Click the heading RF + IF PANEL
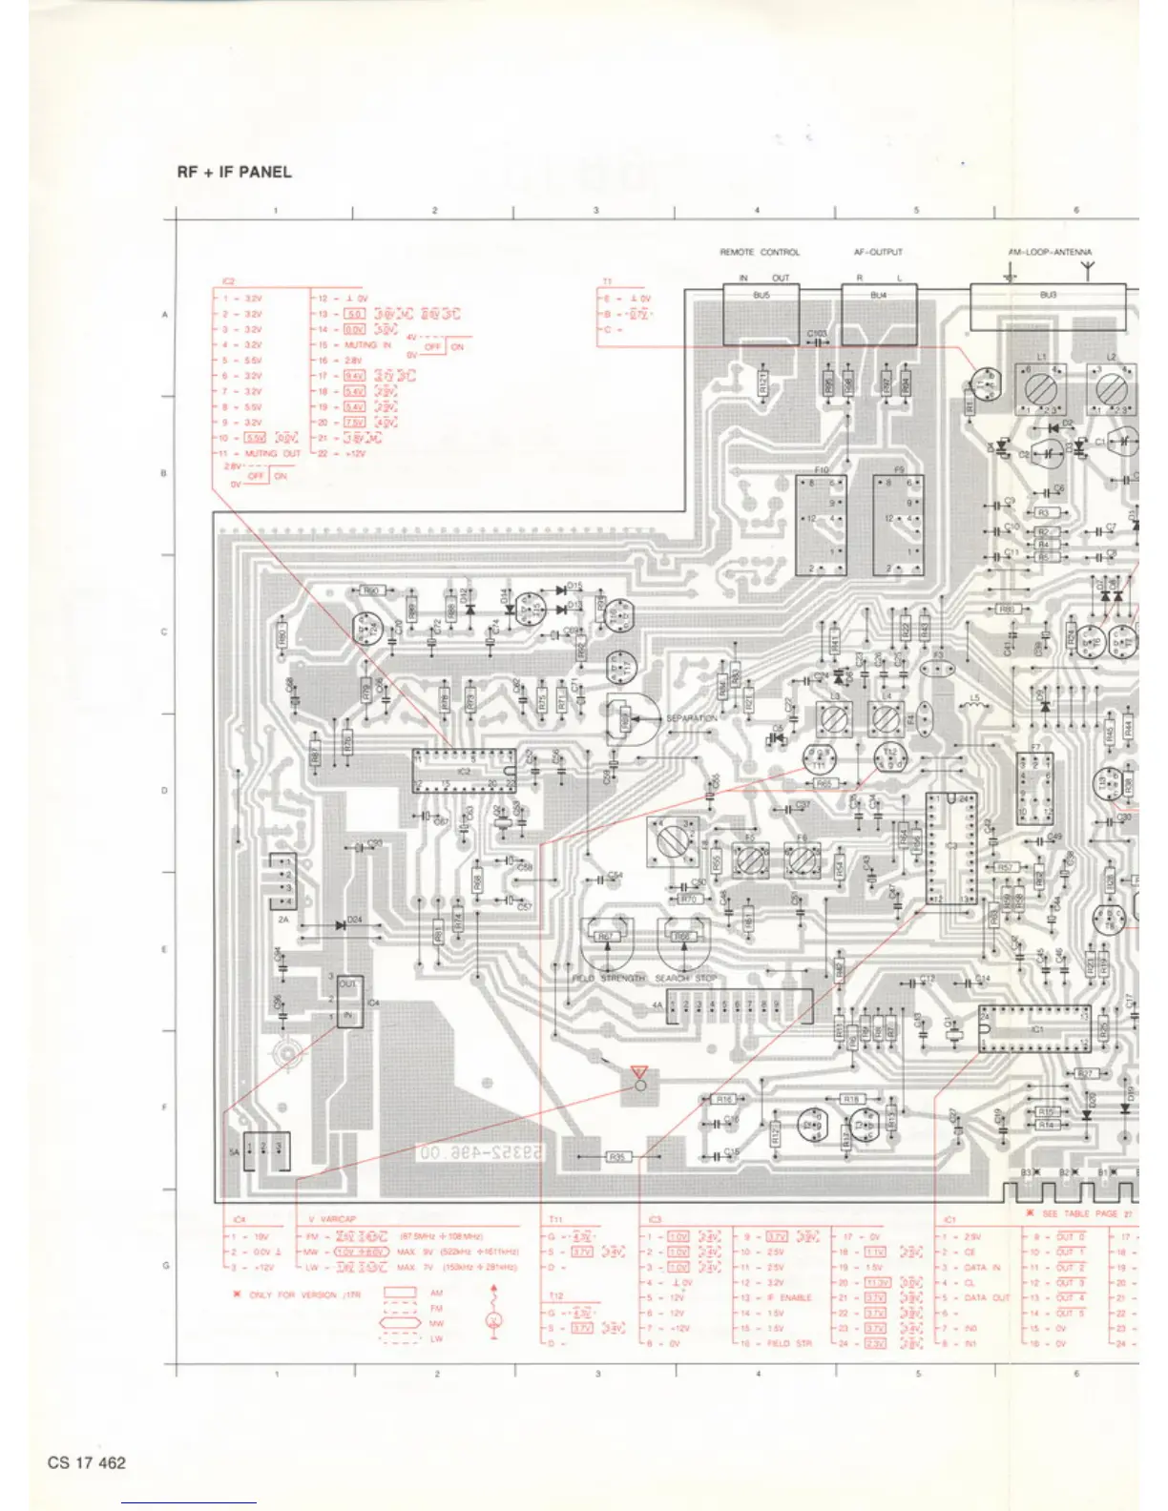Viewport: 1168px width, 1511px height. tap(234, 173)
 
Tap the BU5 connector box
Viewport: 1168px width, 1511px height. tap(761, 316)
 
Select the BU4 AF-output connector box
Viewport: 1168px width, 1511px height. tap(879, 314)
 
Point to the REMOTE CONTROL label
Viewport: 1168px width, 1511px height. tap(760, 253)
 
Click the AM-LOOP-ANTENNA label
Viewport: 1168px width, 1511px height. tap(1050, 253)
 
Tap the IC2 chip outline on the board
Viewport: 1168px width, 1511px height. tap(464, 771)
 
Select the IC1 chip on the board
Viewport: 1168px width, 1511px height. tap(1033, 1028)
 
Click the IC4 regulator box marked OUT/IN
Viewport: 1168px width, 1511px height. tap(348, 1001)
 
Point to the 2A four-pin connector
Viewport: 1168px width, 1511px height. tap(283, 882)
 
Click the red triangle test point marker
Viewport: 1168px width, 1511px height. tap(639, 1074)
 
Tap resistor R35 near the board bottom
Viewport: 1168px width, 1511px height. tap(618, 1158)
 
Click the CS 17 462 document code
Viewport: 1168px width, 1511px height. tap(87, 1462)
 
